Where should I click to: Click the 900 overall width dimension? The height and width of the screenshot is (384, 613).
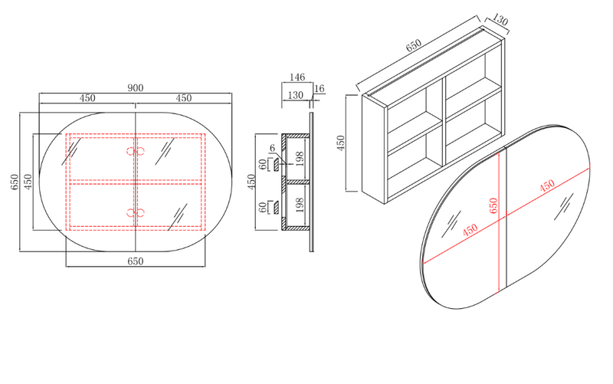[x=136, y=88]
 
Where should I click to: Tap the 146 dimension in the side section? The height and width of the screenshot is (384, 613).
[x=297, y=77]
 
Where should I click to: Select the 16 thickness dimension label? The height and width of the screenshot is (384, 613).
[x=320, y=88]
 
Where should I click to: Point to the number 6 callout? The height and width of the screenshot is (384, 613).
[x=273, y=148]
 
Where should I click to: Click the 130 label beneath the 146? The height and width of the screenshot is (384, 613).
[x=295, y=95]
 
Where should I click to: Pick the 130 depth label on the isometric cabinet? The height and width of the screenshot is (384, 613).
[x=500, y=20]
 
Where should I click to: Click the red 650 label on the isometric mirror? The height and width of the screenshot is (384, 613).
[x=493, y=205]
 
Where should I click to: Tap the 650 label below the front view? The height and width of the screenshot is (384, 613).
[x=136, y=261]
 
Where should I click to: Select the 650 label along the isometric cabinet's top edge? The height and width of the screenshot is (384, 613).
[x=414, y=45]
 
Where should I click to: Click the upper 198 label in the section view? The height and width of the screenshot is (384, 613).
[x=300, y=159]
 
